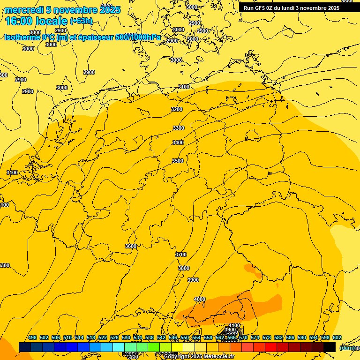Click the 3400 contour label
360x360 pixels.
point(178,142)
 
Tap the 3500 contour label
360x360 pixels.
point(178,161)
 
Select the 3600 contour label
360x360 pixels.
point(131,246)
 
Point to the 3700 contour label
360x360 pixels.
point(181,255)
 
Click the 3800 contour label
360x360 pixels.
point(184,268)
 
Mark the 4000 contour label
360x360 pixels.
point(200,299)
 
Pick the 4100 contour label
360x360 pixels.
point(234,325)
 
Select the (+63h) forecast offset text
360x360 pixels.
point(81,22)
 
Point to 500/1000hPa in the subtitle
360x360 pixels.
point(138,37)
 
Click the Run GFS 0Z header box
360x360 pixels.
point(291,8)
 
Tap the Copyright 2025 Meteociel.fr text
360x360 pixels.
point(199,356)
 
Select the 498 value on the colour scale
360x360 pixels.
point(32,337)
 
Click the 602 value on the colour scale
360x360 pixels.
point(337,337)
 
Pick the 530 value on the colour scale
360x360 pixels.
point(126,337)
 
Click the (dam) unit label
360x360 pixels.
point(347,348)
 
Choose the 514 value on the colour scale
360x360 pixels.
point(79,337)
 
